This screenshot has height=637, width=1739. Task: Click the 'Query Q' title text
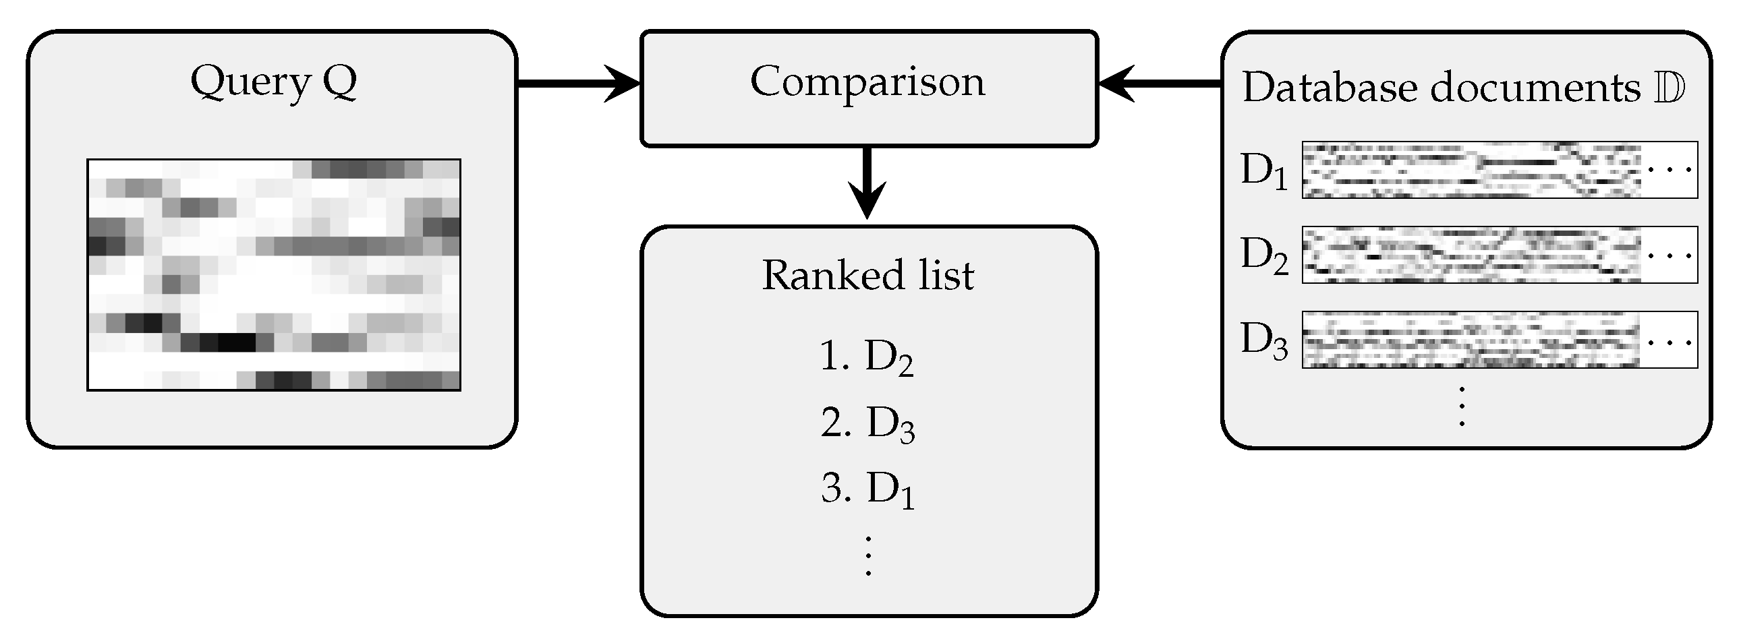coord(273,82)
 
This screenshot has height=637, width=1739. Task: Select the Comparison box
coord(868,88)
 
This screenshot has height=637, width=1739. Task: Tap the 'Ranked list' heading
coord(868,275)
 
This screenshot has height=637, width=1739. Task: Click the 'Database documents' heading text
coord(1442,88)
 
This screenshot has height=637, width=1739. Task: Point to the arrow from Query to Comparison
coord(578,84)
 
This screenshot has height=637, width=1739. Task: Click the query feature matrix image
coord(273,274)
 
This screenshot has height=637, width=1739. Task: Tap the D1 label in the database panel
coord(1263,171)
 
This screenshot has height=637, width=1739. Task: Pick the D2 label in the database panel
coord(1263,256)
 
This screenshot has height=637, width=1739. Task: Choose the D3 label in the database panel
coord(1263,341)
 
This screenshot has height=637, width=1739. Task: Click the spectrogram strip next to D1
coord(1472,170)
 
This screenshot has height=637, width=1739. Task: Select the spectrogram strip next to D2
coord(1472,255)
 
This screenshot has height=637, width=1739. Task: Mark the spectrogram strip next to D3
coord(1472,340)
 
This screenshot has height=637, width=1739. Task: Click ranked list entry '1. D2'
coord(867,358)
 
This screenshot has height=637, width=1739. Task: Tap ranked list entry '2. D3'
coord(867,425)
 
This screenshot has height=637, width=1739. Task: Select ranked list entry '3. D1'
coord(867,489)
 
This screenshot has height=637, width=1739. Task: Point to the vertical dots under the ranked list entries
coord(868,555)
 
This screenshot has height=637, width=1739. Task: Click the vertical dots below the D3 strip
coord(1462,406)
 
